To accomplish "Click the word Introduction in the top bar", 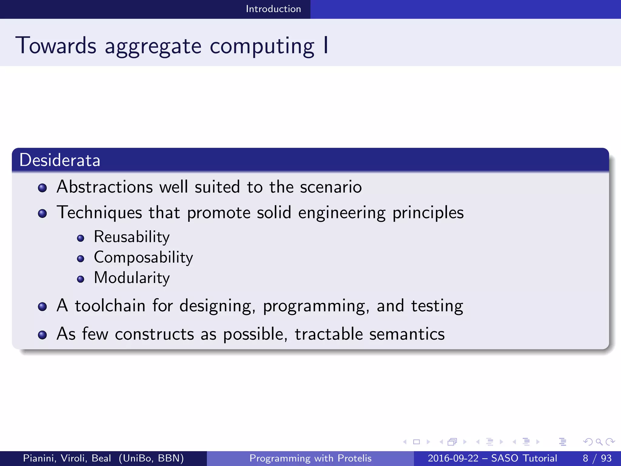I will click(x=273, y=9).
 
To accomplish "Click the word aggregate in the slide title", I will click(x=153, y=46).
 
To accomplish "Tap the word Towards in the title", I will click(x=56, y=46).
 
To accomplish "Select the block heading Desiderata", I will click(x=60, y=160).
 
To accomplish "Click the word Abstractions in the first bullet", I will click(x=105, y=187).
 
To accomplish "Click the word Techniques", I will click(x=99, y=212).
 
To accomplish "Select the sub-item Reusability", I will click(x=132, y=237).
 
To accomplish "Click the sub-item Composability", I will click(x=143, y=258).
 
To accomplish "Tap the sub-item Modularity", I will click(x=132, y=278).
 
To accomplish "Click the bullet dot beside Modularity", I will click(x=80, y=279).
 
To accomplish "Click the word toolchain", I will click(x=110, y=306).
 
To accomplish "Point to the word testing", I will click(x=437, y=306).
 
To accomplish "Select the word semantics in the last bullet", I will click(x=407, y=334).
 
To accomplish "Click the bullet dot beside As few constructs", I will click(x=42, y=335).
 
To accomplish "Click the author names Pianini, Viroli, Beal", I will click(x=67, y=458).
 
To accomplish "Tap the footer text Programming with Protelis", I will click(x=310, y=458).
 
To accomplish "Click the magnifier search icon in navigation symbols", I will click(x=599, y=442).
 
